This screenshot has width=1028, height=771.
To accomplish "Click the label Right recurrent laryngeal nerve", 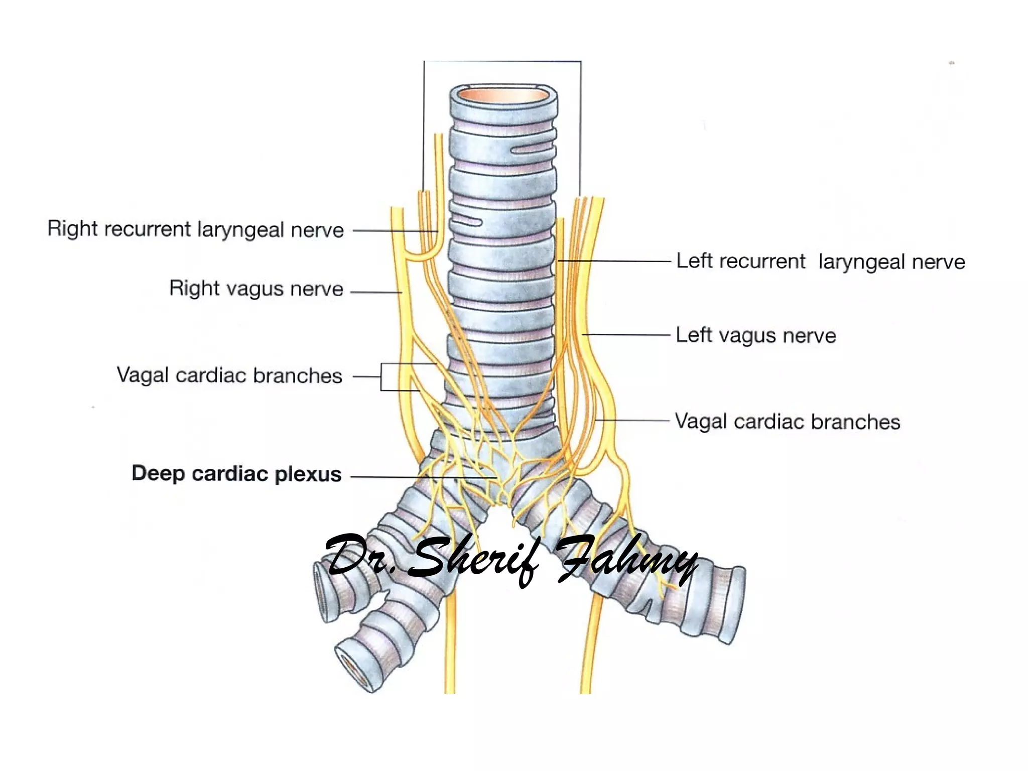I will click(195, 229).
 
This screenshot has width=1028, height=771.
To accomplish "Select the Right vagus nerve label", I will click(256, 289).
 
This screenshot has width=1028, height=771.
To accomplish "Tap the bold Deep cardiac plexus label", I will click(236, 473).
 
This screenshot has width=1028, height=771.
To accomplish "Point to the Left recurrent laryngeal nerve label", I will click(820, 262).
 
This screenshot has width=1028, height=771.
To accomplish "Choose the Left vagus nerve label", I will click(755, 335).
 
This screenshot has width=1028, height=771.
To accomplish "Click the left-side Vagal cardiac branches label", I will click(229, 375).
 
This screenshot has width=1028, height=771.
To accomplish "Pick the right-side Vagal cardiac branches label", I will click(787, 422).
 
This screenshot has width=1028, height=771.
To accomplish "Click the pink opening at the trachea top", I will click(503, 95).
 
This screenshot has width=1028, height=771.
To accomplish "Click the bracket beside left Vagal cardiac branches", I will click(381, 376).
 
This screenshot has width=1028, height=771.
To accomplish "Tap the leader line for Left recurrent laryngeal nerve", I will click(615, 261).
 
